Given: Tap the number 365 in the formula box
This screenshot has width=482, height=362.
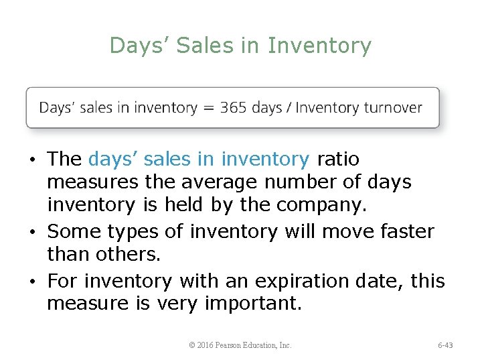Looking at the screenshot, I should click(233, 107).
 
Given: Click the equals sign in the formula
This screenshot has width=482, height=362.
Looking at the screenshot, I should click(208, 108).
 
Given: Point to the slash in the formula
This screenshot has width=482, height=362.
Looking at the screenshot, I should click(289, 107).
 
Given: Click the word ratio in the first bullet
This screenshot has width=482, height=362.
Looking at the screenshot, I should click(338, 159).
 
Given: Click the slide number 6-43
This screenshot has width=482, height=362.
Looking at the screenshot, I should click(445, 345).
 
